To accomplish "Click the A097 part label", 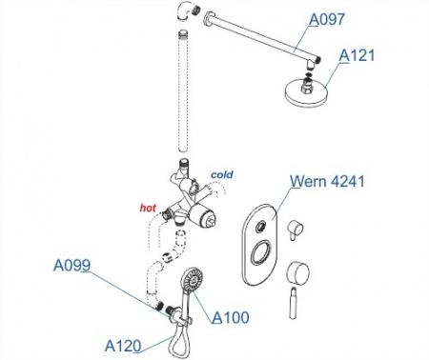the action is coord(327,20).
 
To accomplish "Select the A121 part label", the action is coord(357,55).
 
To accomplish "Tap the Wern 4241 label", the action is coord(327,182).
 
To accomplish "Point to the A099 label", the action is coord(72,265).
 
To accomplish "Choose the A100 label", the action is coord(231,317).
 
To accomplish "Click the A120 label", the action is coord(123,346).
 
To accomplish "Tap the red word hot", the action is coord(148,208).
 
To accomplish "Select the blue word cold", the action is coord(222,174).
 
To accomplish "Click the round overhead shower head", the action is coord(305,90).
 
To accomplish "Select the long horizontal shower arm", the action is coord(262,37).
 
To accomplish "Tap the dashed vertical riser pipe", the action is coord(184,92).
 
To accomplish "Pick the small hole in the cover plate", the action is coord(261,227).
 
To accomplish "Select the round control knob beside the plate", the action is coord(298,272).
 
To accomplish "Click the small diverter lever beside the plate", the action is coord(296,230).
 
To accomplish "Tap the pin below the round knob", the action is coord(294,303).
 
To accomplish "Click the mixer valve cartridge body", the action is coord(203,216).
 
